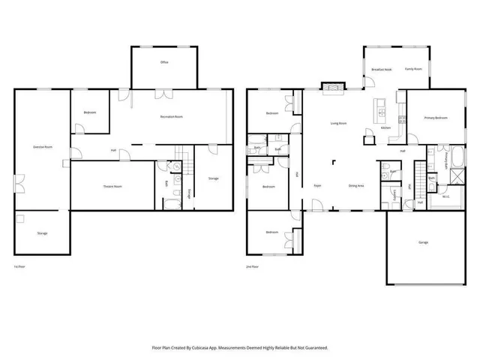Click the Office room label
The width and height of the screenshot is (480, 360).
coord(164,62)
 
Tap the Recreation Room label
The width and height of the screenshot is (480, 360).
coord(172,117)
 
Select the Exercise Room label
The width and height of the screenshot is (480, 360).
coord(42,147)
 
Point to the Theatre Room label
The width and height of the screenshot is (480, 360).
coord(112,186)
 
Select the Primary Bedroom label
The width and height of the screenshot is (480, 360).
coord(436,118)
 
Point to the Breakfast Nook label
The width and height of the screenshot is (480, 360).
coord(382,69)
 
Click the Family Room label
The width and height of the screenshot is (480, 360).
coord(414,69)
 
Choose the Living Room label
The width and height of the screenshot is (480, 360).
coord(338,123)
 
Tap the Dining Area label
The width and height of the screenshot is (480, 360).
coord(356,185)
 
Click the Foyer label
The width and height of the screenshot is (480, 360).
coord(318,185)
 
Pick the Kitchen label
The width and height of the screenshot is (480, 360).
coord(385,128)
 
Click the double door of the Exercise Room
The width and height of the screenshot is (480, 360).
coord(16,182)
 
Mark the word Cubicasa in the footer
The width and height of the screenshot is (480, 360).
coord(209,348)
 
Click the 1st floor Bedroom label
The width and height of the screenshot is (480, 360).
coord(90,112)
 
